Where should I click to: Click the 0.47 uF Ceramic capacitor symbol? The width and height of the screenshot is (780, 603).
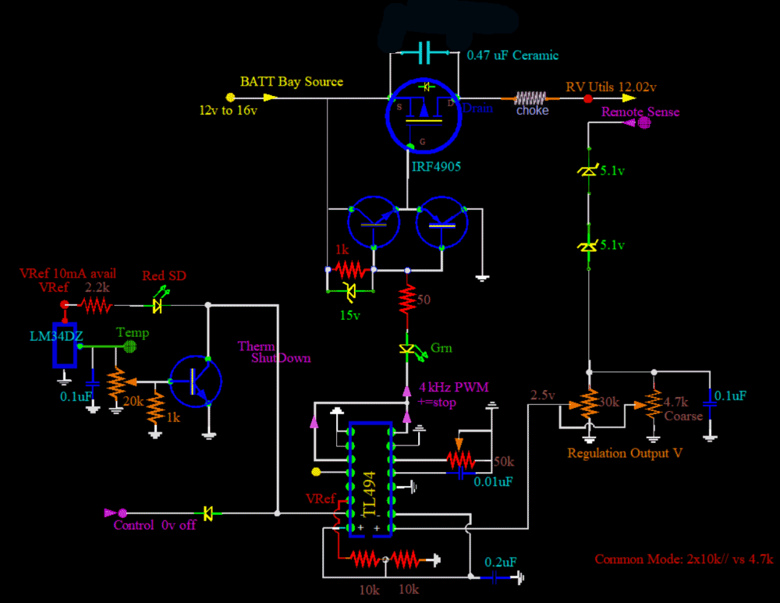[x=424, y=53]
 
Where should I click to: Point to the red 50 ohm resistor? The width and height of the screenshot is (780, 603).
[x=406, y=299]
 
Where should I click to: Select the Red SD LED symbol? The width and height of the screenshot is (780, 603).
[x=159, y=304]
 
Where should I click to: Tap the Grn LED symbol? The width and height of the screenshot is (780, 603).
[x=406, y=349]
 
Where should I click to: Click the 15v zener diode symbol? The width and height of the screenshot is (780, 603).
[x=349, y=293]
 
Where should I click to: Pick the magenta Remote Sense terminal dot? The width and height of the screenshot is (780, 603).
[x=644, y=123]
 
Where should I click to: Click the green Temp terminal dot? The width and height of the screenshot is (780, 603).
[x=131, y=345]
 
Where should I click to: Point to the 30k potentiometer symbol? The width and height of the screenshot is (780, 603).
[x=590, y=403]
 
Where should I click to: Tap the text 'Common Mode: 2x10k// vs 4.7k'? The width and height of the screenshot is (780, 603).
[x=683, y=559]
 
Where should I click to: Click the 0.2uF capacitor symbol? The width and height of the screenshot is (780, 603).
[x=493, y=577]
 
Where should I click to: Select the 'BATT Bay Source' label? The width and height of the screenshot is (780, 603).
[x=291, y=81]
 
